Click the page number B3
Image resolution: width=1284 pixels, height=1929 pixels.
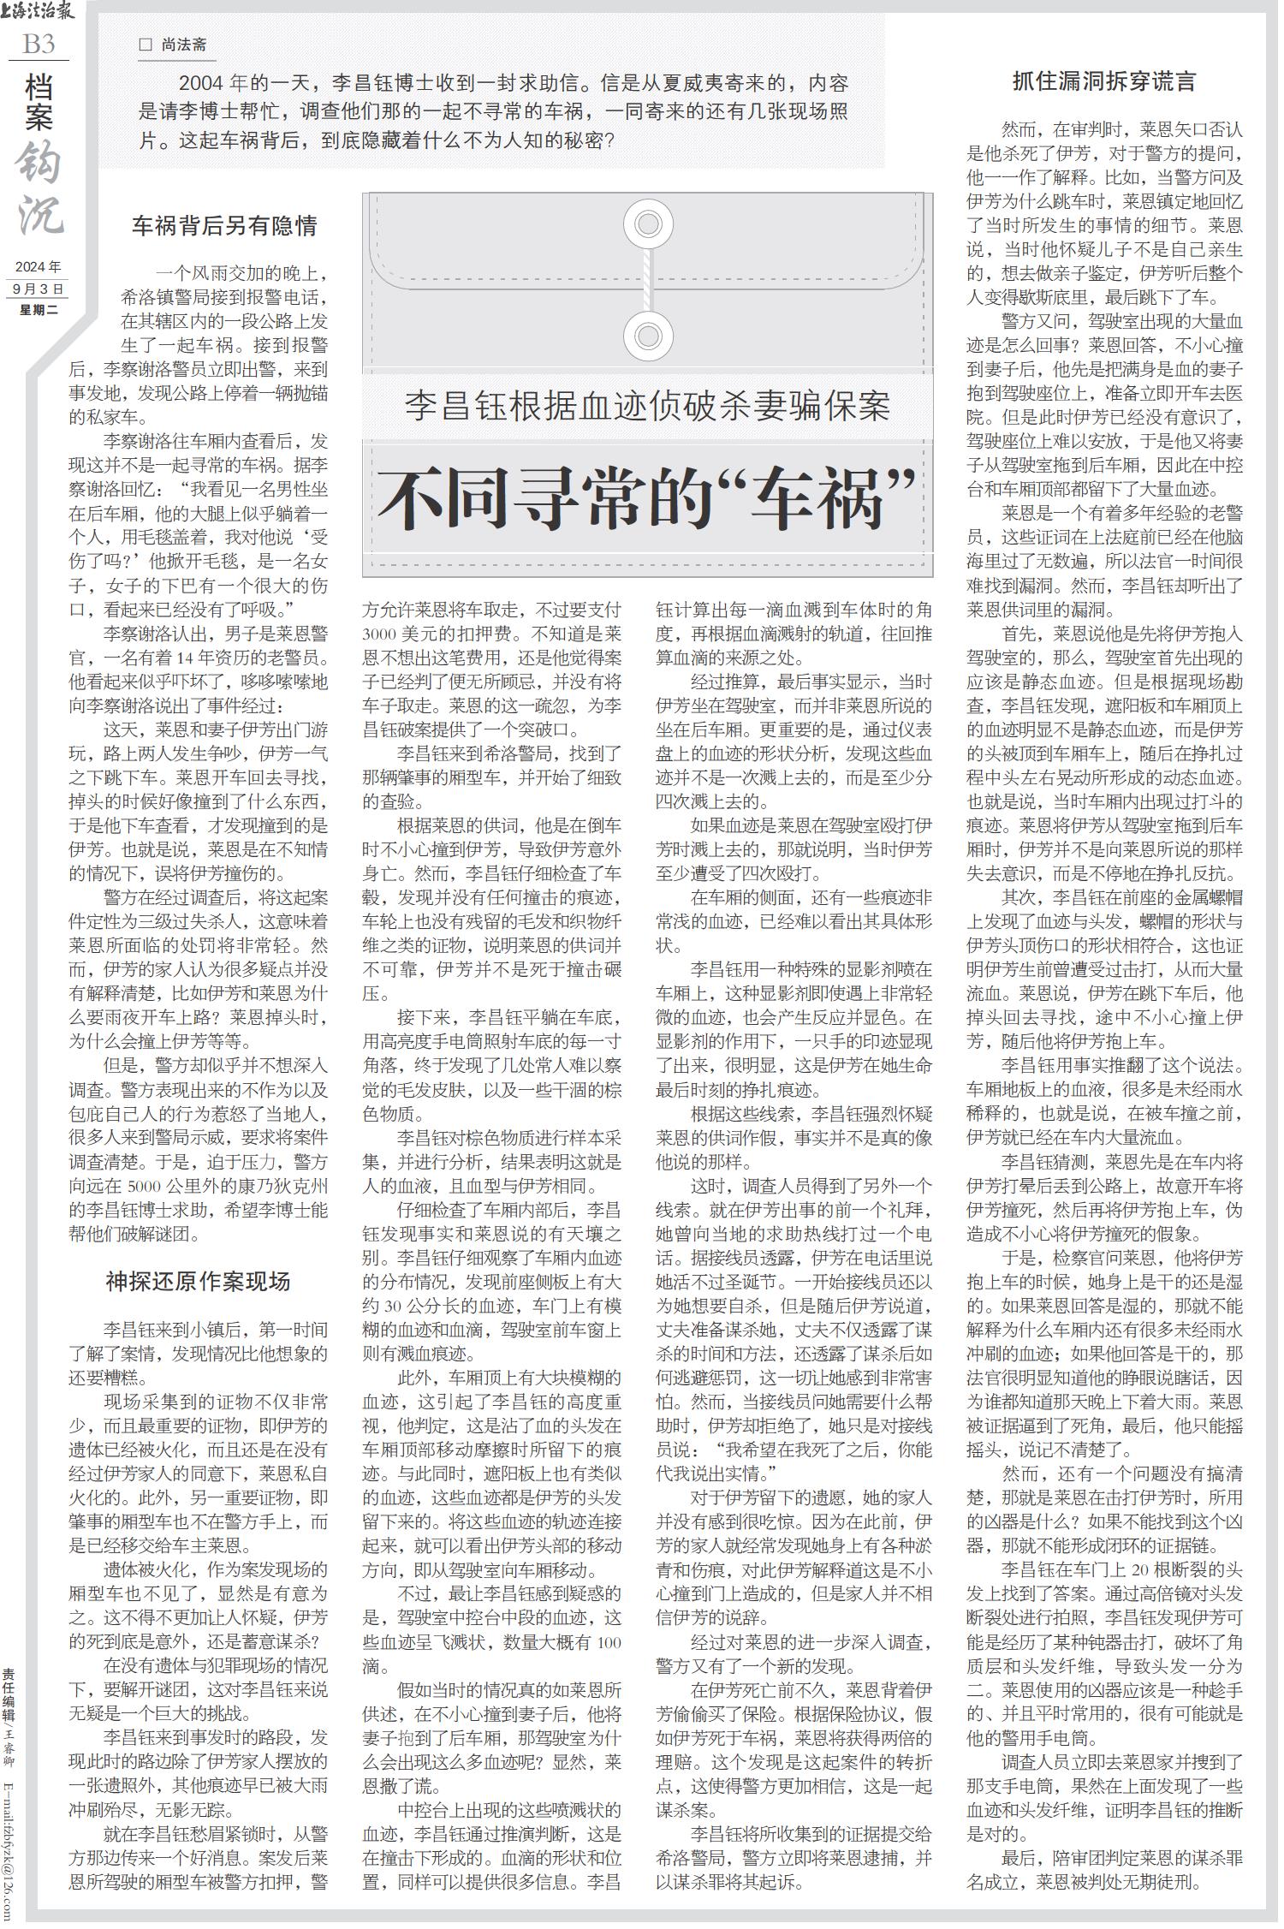[x=39, y=44]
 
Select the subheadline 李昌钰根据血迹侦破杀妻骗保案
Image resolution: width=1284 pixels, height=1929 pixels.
[x=647, y=406]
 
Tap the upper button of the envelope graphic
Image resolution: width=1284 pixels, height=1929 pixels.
[x=648, y=224]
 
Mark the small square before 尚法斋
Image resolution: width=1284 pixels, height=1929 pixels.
[x=145, y=45]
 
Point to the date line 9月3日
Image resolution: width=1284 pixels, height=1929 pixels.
[x=39, y=289]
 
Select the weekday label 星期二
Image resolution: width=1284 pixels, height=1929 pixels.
[x=39, y=309]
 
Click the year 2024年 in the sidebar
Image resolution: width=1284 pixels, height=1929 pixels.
[x=39, y=267]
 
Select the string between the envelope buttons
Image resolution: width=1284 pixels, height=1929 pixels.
[x=648, y=280]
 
